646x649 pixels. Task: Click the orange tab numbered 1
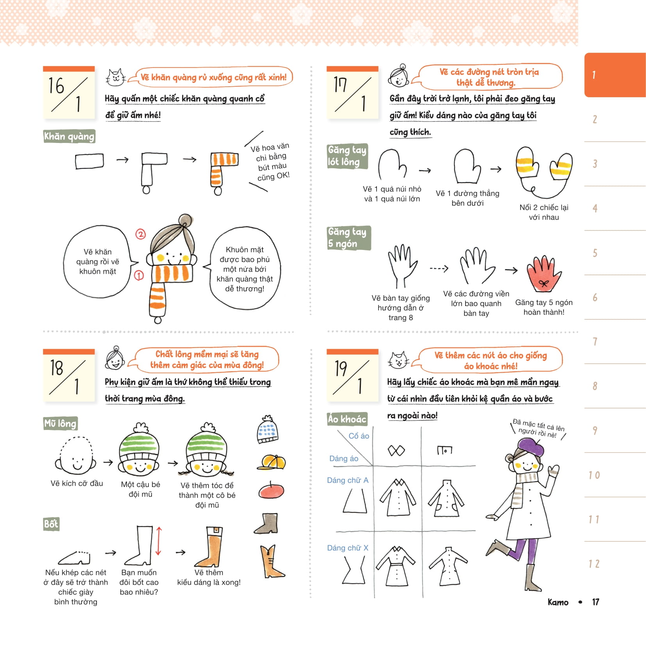click(615, 75)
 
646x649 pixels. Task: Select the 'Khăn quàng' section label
click(69, 136)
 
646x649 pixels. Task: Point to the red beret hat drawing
click(271, 491)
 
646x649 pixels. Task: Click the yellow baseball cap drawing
click(271, 462)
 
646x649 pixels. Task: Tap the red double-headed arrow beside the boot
click(159, 541)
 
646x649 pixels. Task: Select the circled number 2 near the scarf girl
click(141, 234)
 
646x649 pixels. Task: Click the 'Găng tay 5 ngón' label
click(348, 238)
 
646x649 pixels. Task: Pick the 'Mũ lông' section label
click(60, 423)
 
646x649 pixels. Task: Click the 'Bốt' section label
click(51, 524)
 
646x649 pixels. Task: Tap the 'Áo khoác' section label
click(347, 419)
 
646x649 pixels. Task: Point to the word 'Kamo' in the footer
click(558, 602)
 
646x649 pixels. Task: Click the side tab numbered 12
click(594, 564)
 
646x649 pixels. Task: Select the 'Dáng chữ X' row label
click(348, 548)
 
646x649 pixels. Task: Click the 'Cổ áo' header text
click(359, 436)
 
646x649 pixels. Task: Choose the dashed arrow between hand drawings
click(439, 269)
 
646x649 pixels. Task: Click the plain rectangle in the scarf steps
click(89, 161)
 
